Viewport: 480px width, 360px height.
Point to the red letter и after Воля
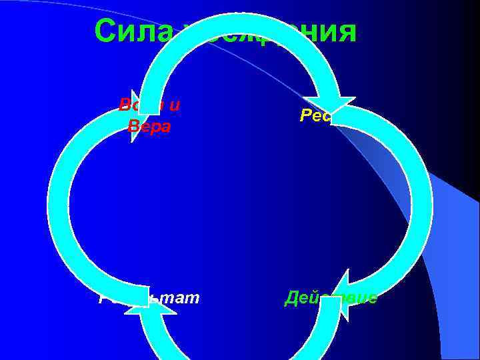pos(176,104)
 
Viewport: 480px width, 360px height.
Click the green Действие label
pos(330,297)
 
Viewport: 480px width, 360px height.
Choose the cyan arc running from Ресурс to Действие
pos(417,200)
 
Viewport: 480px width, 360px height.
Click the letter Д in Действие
pos(291,297)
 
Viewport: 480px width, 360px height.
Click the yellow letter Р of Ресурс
pos(304,115)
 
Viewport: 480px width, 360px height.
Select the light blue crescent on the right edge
pos(460,200)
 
